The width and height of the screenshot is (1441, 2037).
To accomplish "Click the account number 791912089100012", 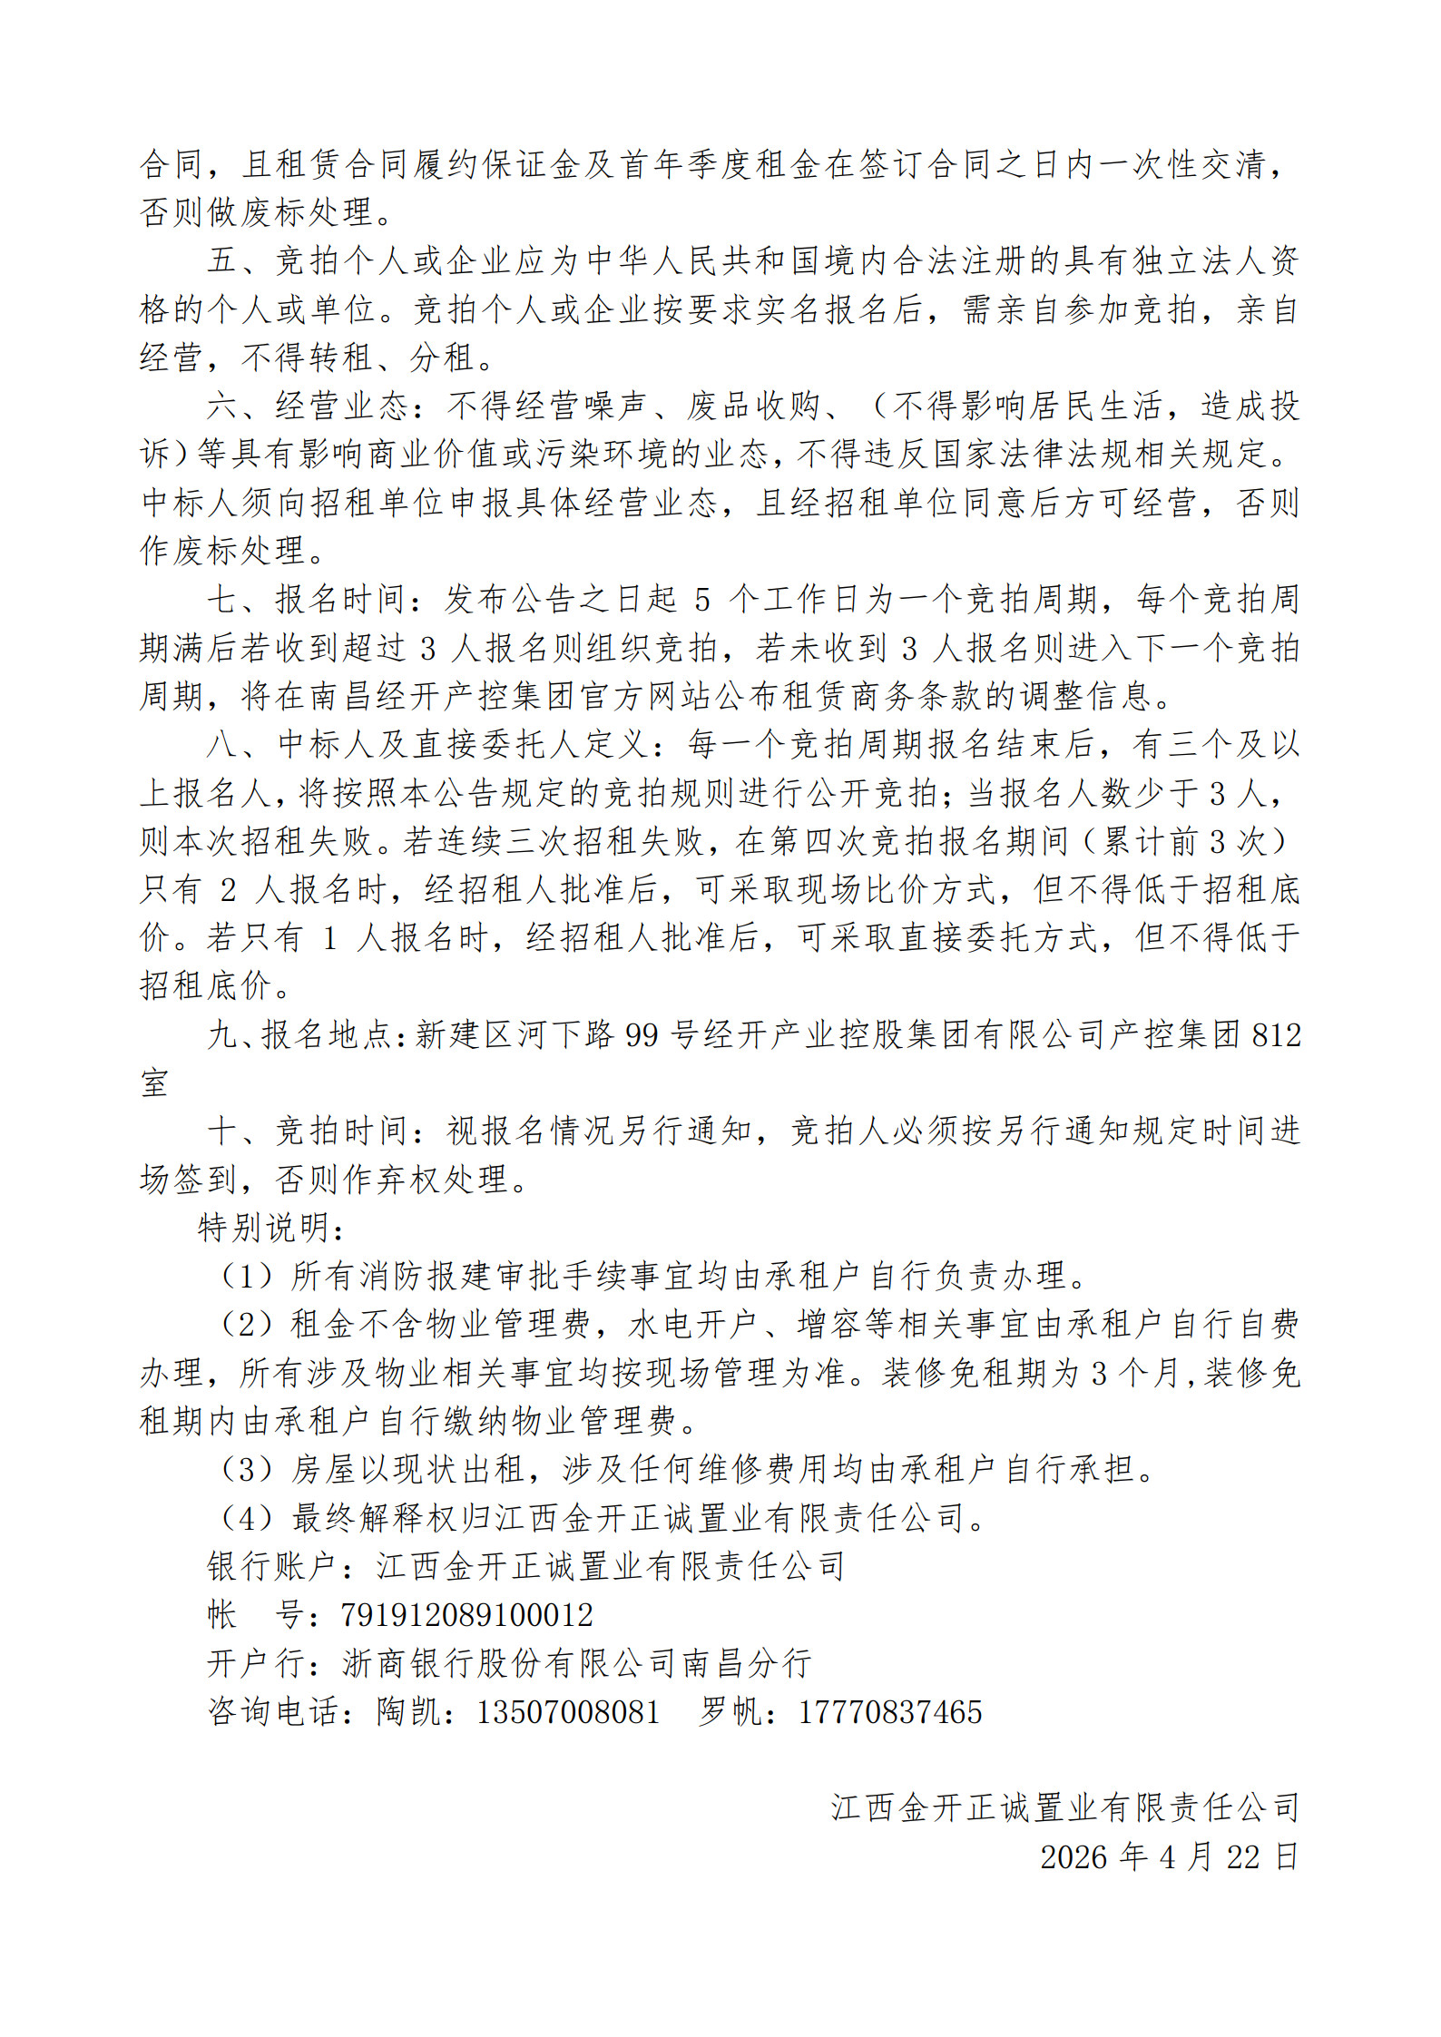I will (x=466, y=1615).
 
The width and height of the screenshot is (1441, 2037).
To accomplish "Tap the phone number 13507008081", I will (x=568, y=1712).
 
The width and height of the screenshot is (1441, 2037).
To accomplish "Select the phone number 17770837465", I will (x=890, y=1712).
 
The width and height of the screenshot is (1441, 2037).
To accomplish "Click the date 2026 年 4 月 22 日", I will (x=1169, y=1856).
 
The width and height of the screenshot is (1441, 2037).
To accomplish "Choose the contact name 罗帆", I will (x=730, y=1712).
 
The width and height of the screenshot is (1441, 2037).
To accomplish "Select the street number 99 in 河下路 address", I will (x=642, y=1035).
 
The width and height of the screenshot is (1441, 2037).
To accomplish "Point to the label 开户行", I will (x=256, y=1663).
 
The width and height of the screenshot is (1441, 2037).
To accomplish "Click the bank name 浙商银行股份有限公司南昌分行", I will (x=576, y=1663).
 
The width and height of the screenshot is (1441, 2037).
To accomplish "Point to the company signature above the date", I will (x=1064, y=1807).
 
